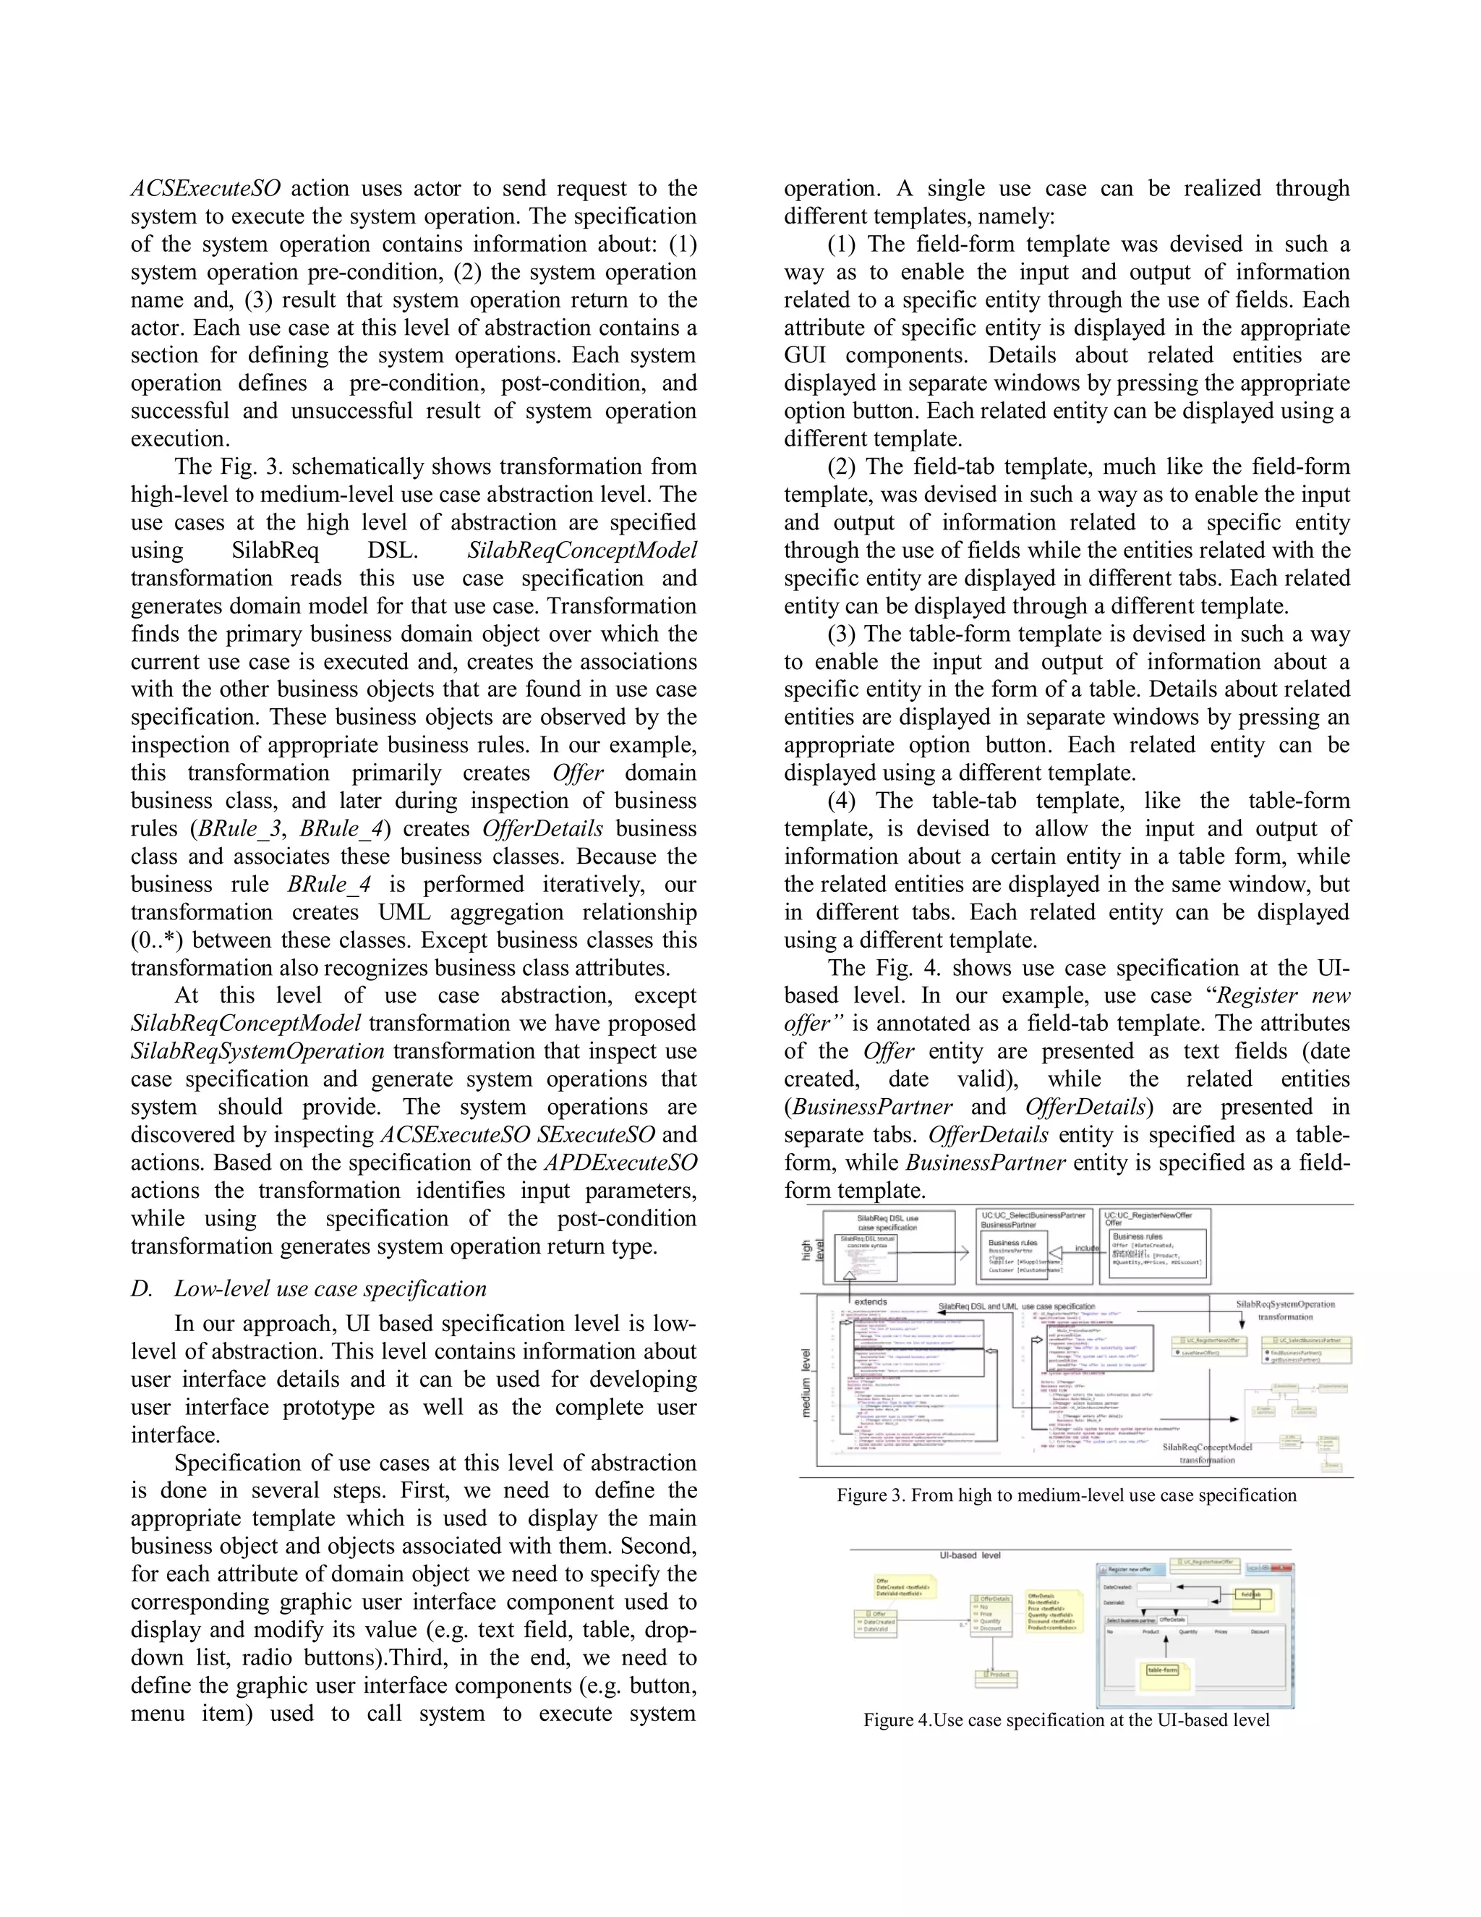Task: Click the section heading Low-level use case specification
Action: pos(330,1288)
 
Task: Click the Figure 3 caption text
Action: pos(1066,1495)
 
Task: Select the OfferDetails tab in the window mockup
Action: pos(1172,1620)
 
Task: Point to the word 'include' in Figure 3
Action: pos(1087,1247)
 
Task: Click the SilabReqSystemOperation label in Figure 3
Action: pos(1284,1304)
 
